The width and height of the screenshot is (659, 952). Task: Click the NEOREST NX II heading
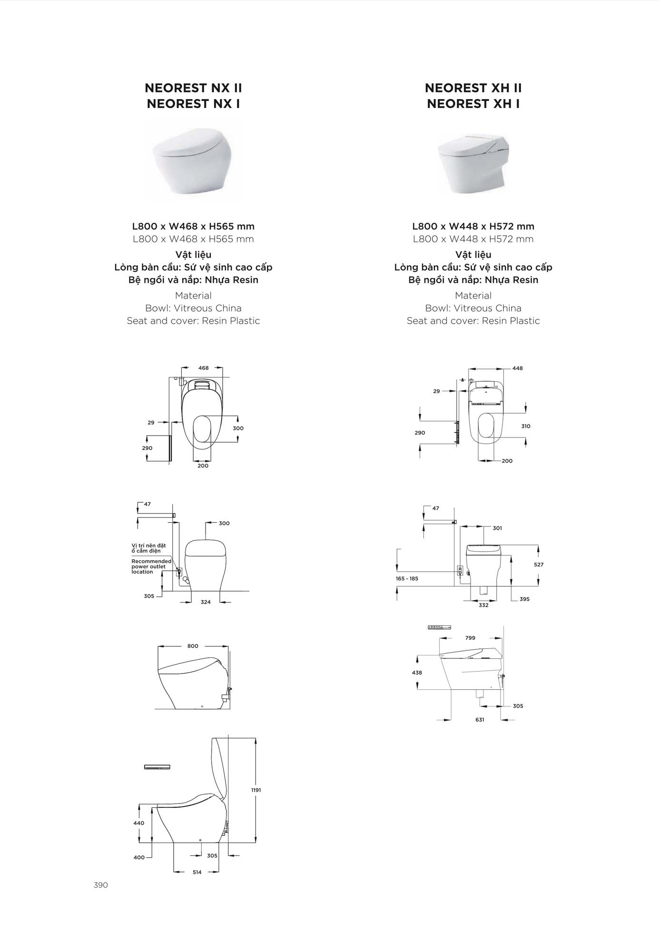[193, 88]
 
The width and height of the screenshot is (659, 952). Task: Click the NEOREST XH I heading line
[473, 103]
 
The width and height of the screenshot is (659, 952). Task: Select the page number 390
[101, 885]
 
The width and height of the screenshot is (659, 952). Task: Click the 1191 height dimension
[256, 790]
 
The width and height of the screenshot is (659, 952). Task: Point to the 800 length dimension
[193, 646]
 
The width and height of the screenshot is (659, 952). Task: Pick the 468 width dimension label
[204, 368]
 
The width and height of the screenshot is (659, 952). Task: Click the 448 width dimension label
[518, 368]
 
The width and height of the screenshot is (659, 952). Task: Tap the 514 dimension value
[197, 872]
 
